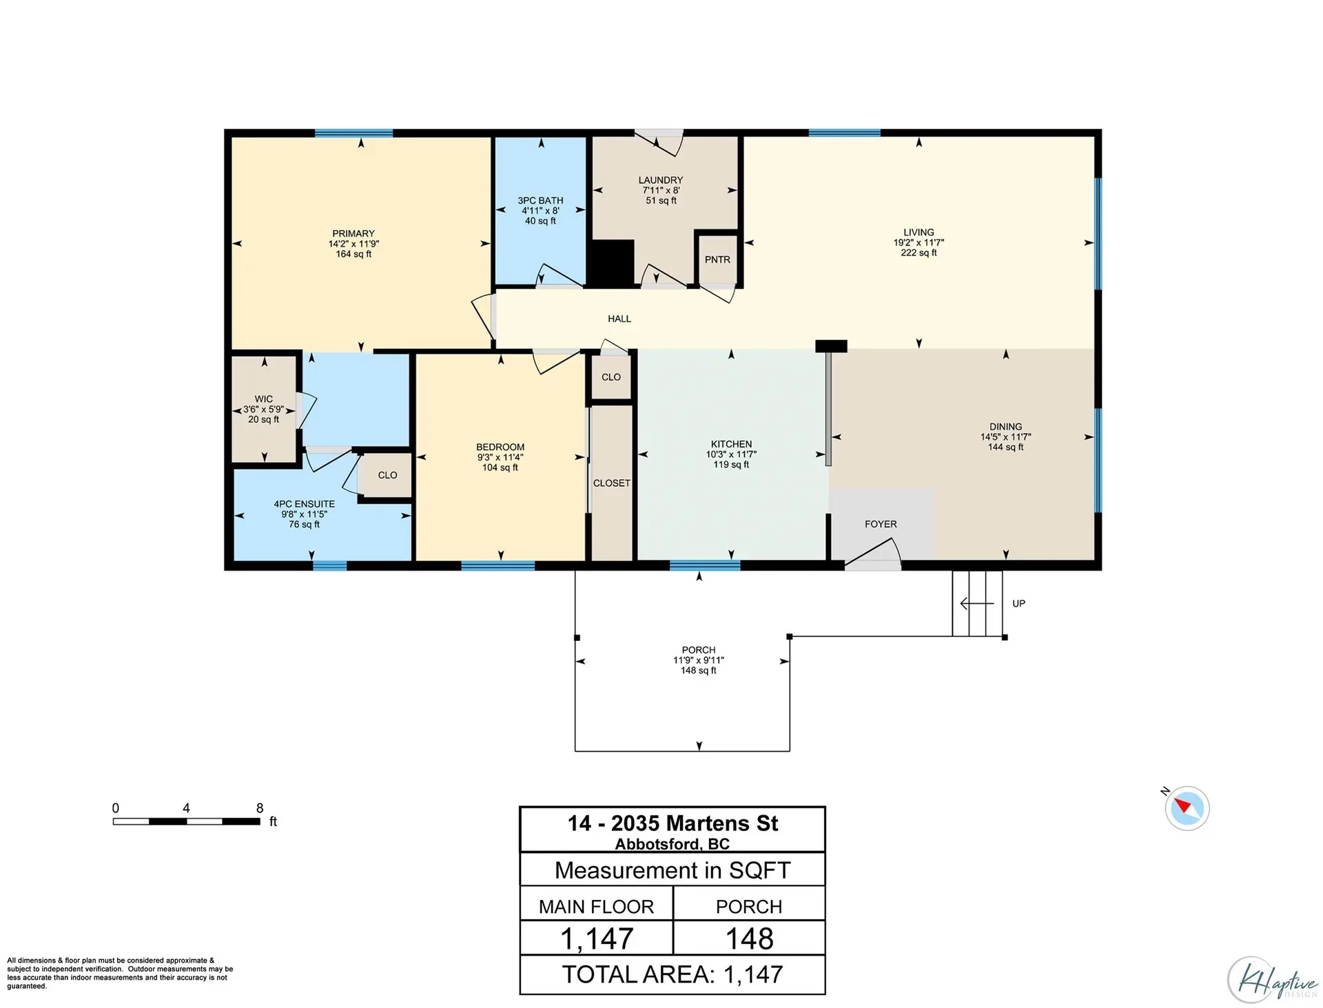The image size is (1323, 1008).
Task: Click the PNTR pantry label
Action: point(717,260)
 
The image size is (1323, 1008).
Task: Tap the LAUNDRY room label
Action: point(660,180)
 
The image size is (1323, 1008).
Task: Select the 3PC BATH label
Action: point(540,200)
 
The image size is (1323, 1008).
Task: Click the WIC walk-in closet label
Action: point(263,399)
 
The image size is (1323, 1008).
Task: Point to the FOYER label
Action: point(881,524)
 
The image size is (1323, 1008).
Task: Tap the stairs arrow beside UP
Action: point(976,604)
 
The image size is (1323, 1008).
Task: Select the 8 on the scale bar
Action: point(260,808)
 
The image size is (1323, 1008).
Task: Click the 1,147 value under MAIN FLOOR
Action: point(597,938)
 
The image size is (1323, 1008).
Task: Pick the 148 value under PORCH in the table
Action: point(749,938)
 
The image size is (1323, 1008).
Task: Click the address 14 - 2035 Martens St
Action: point(673,823)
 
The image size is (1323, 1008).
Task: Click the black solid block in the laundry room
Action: point(611,262)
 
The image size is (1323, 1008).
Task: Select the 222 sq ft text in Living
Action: point(919,253)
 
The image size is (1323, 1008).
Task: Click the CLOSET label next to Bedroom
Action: point(611,483)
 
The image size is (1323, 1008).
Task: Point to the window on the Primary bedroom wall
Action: point(353,133)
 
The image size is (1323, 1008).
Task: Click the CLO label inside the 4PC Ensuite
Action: point(387,475)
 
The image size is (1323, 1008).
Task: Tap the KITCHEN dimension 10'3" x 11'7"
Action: point(731,454)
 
